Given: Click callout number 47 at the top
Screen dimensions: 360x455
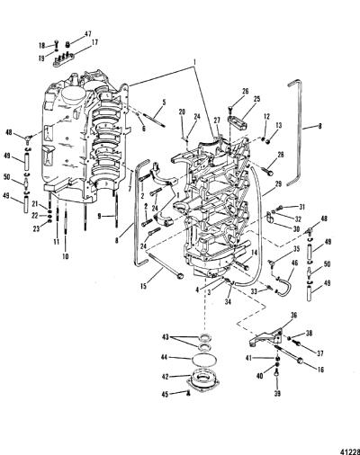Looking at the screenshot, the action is tap(88, 34).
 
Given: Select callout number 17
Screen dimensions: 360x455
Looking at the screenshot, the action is tap(94, 43).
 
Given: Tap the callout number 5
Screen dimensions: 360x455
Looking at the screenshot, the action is tap(164, 103).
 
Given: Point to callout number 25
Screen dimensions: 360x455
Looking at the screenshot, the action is tap(256, 99).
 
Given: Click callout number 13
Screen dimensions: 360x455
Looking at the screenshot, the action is tap(279, 125).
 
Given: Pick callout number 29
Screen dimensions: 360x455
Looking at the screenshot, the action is tap(278, 184).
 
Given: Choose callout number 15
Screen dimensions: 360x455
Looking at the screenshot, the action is tap(143, 286).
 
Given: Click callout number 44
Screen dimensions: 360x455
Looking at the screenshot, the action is tap(164, 357).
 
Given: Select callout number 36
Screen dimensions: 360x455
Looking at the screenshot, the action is tap(293, 315).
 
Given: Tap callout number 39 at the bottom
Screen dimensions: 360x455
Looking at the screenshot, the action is tap(277, 393).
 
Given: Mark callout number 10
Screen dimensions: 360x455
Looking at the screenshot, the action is tap(66, 256).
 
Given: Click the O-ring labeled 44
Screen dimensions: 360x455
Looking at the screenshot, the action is tap(201, 359).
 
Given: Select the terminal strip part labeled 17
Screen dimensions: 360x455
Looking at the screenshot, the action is tap(63, 59).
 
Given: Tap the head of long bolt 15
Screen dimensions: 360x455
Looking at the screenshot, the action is tap(180, 276).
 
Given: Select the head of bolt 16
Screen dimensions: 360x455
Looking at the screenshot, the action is tap(300, 361).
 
